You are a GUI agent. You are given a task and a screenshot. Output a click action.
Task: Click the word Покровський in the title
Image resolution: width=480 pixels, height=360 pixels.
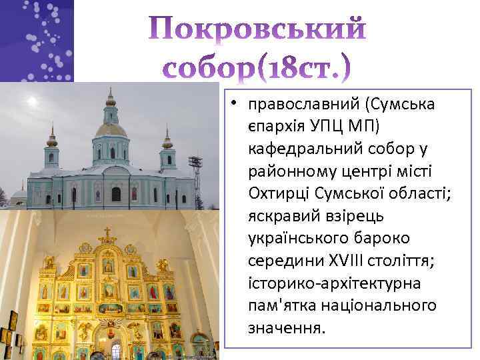tap(255, 30)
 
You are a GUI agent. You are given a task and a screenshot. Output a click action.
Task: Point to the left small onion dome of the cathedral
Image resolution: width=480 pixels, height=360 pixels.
tap(52, 140)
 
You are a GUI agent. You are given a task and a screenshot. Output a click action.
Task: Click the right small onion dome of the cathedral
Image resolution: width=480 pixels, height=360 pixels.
tap(167, 141)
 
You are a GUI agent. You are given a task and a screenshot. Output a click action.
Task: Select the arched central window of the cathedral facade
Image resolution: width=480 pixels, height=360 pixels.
tap(116, 194)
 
